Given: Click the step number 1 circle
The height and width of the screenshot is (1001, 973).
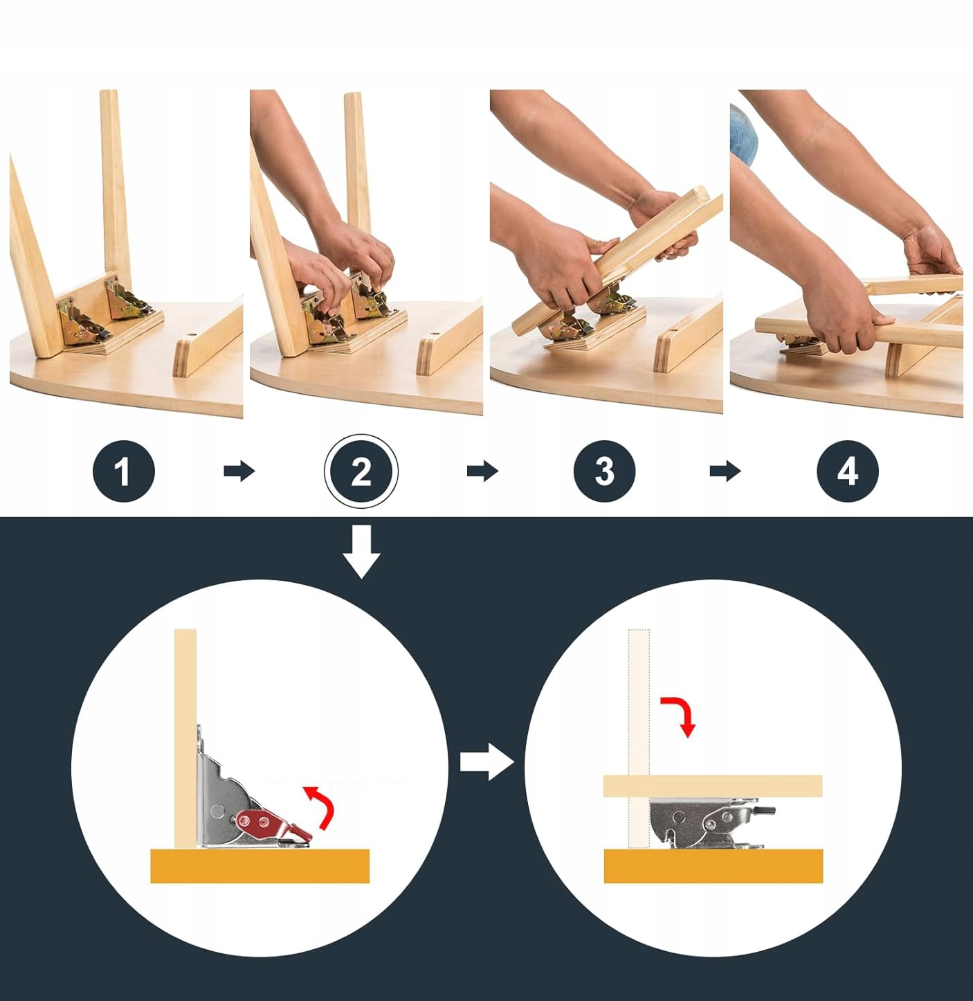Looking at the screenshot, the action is [123, 471].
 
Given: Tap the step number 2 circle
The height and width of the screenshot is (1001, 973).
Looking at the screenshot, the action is [361, 471].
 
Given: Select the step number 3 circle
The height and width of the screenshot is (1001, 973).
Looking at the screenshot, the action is [604, 471].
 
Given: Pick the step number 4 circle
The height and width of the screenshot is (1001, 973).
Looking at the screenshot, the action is [848, 471].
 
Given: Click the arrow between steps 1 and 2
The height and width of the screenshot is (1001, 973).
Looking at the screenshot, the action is [239, 471].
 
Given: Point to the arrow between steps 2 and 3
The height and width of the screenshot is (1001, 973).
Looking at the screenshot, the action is [482, 471].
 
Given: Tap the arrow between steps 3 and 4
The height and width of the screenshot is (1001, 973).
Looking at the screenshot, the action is [725, 471].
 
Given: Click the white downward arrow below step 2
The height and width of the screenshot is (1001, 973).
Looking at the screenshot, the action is [361, 552].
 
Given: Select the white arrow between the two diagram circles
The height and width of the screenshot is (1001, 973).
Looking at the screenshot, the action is [486, 761].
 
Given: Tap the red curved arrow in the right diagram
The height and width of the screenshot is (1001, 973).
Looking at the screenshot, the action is [680, 715].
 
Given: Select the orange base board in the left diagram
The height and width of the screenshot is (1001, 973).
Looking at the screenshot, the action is [260, 866].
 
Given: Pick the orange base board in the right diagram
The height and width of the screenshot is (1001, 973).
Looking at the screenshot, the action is [713, 866].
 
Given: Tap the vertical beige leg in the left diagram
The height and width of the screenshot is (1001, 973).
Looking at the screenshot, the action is [185, 739].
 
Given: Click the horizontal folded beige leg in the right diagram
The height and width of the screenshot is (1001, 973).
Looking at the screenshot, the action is [713, 786].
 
